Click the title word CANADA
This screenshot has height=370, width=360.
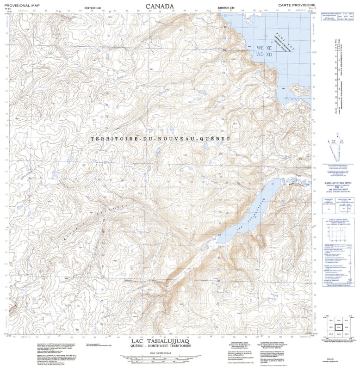160,6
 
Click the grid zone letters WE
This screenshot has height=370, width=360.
261,48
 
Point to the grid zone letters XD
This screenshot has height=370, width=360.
269,55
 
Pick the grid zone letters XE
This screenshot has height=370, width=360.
269,48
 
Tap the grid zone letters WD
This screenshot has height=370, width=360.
261,55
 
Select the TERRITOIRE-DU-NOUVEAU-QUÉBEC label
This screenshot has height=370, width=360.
160,139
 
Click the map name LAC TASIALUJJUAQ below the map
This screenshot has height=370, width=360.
160,341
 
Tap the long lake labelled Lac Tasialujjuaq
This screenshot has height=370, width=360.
245,213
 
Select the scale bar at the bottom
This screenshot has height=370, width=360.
160,358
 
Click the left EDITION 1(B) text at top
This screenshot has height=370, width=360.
94,8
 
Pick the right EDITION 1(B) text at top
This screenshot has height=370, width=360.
226,8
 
